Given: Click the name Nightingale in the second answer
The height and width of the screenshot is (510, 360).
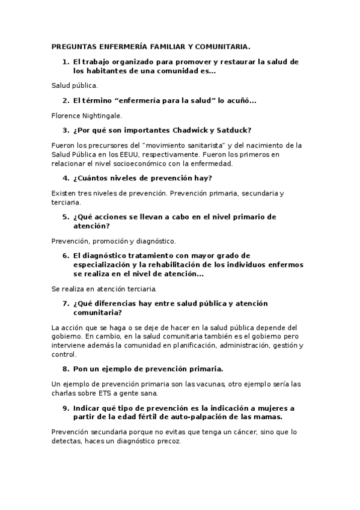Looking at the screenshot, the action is point(104,115).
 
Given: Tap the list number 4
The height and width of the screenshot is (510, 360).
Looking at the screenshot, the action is point(66,178).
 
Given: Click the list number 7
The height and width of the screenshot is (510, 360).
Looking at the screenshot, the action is point(66,303).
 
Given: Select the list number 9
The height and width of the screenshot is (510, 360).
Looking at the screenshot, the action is point(66,408).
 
